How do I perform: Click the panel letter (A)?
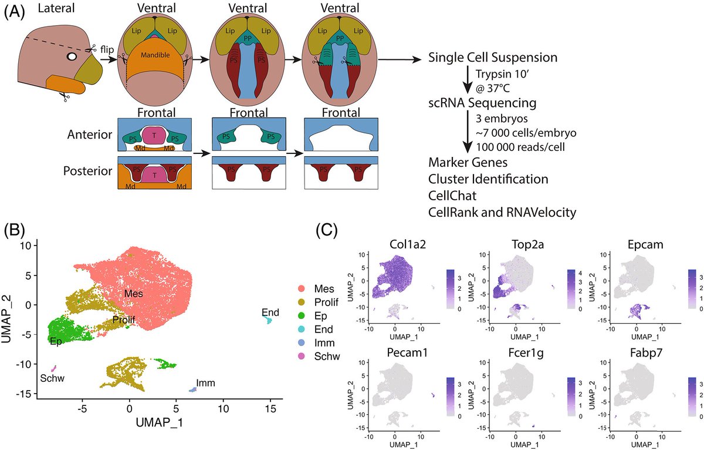point(14,13)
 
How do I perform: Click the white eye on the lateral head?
point(72,58)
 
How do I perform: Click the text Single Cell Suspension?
point(492,58)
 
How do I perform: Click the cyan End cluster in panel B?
point(269,320)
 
